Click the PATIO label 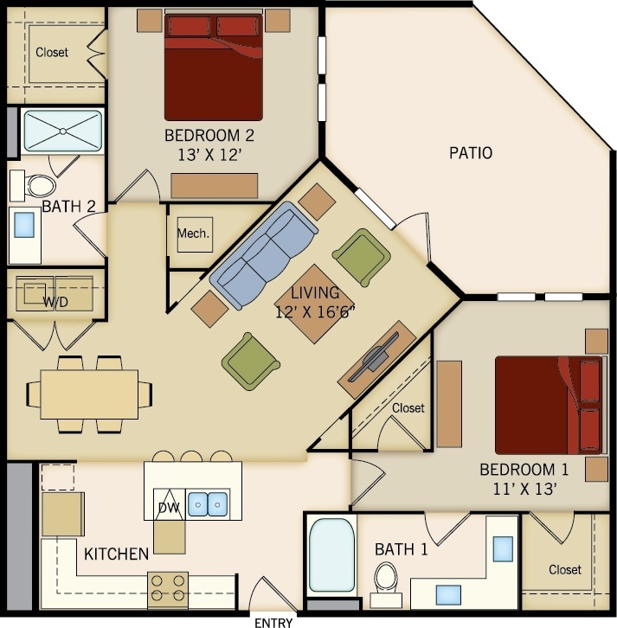coord(471,153)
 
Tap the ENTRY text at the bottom coord(273,621)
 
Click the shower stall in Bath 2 coord(61,131)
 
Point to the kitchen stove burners coord(169,588)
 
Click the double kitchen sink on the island coord(208,503)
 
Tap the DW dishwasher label coord(168,508)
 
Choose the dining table coord(88,394)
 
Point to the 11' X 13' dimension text coord(524,489)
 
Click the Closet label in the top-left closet coord(51,52)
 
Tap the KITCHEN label coord(116,552)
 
